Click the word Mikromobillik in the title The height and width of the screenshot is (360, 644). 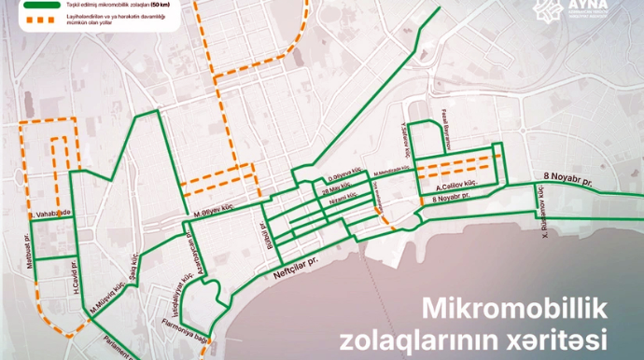click(x=516, y=308)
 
